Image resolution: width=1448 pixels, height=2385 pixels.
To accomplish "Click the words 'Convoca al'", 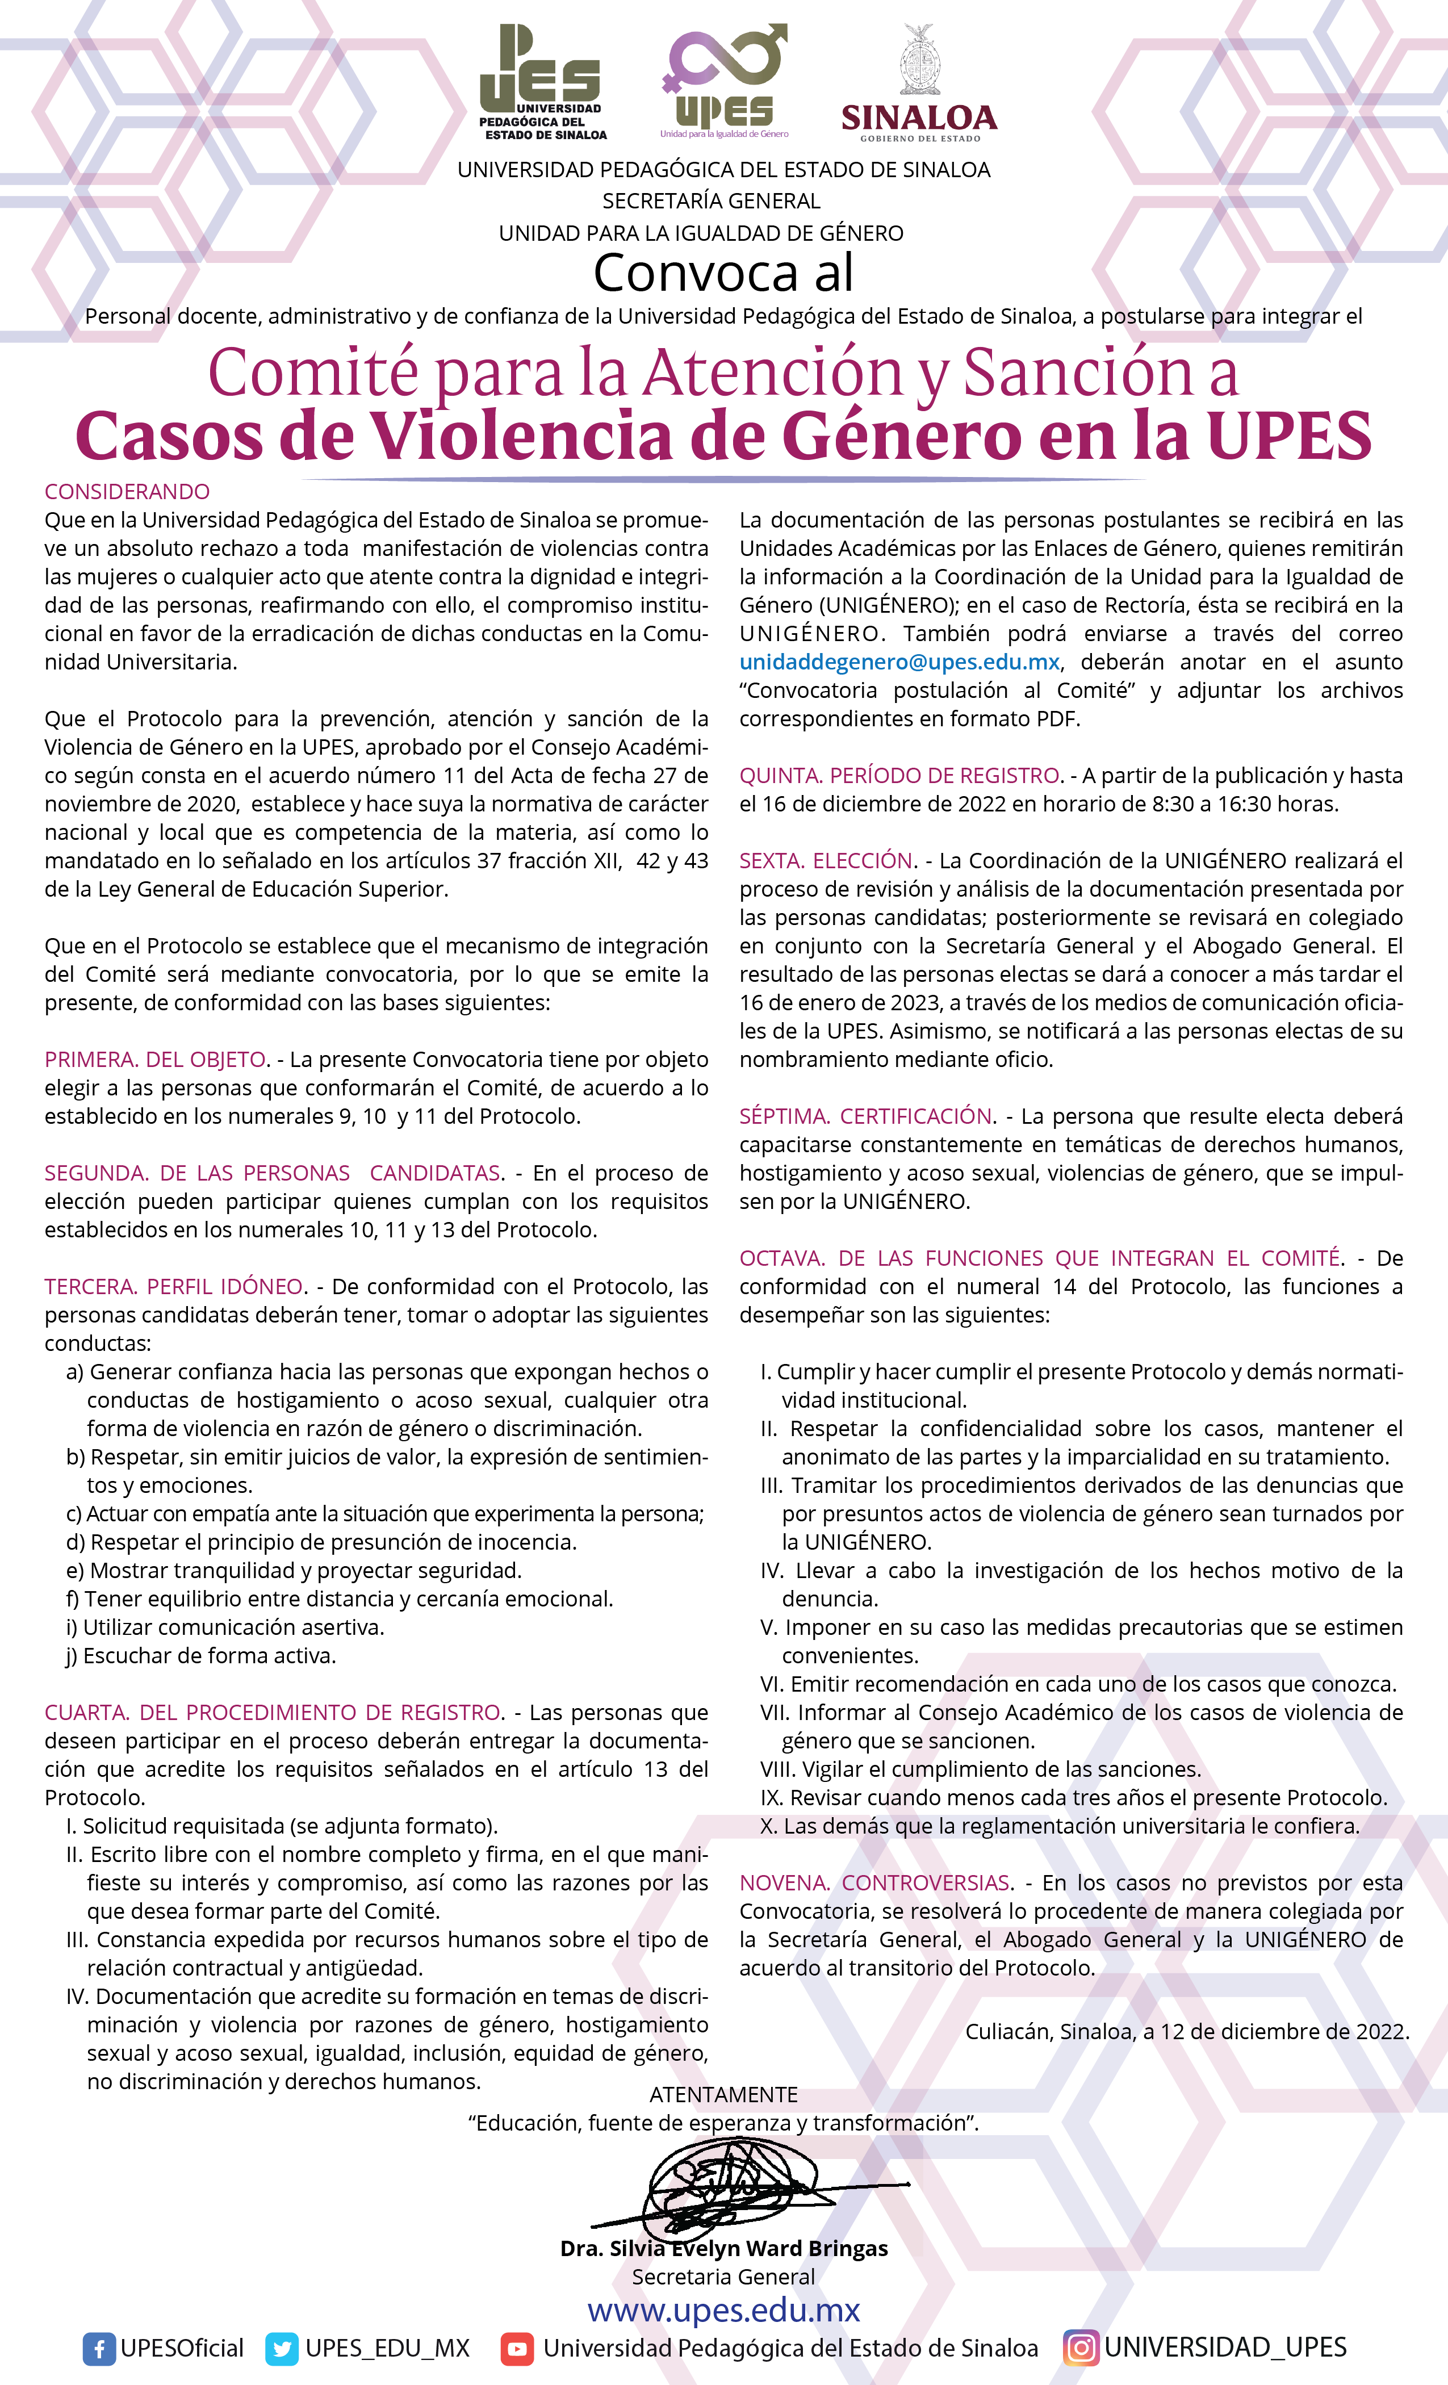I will [723, 273].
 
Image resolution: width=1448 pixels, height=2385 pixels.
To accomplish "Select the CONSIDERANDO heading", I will [127, 492].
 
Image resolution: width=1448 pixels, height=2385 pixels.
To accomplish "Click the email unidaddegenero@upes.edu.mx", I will [899, 662].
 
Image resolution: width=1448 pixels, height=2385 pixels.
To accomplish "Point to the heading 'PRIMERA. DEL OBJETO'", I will [155, 1059].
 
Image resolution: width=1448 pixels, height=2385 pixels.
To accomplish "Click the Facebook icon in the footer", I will [99, 2348].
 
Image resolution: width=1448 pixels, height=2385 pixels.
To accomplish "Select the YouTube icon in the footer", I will [517, 2348].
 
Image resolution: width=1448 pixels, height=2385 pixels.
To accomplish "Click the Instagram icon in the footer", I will [1081, 2348].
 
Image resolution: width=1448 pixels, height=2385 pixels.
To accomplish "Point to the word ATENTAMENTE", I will [723, 2095].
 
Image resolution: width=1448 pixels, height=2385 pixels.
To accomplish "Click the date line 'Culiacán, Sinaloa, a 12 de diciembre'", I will [1187, 2032].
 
